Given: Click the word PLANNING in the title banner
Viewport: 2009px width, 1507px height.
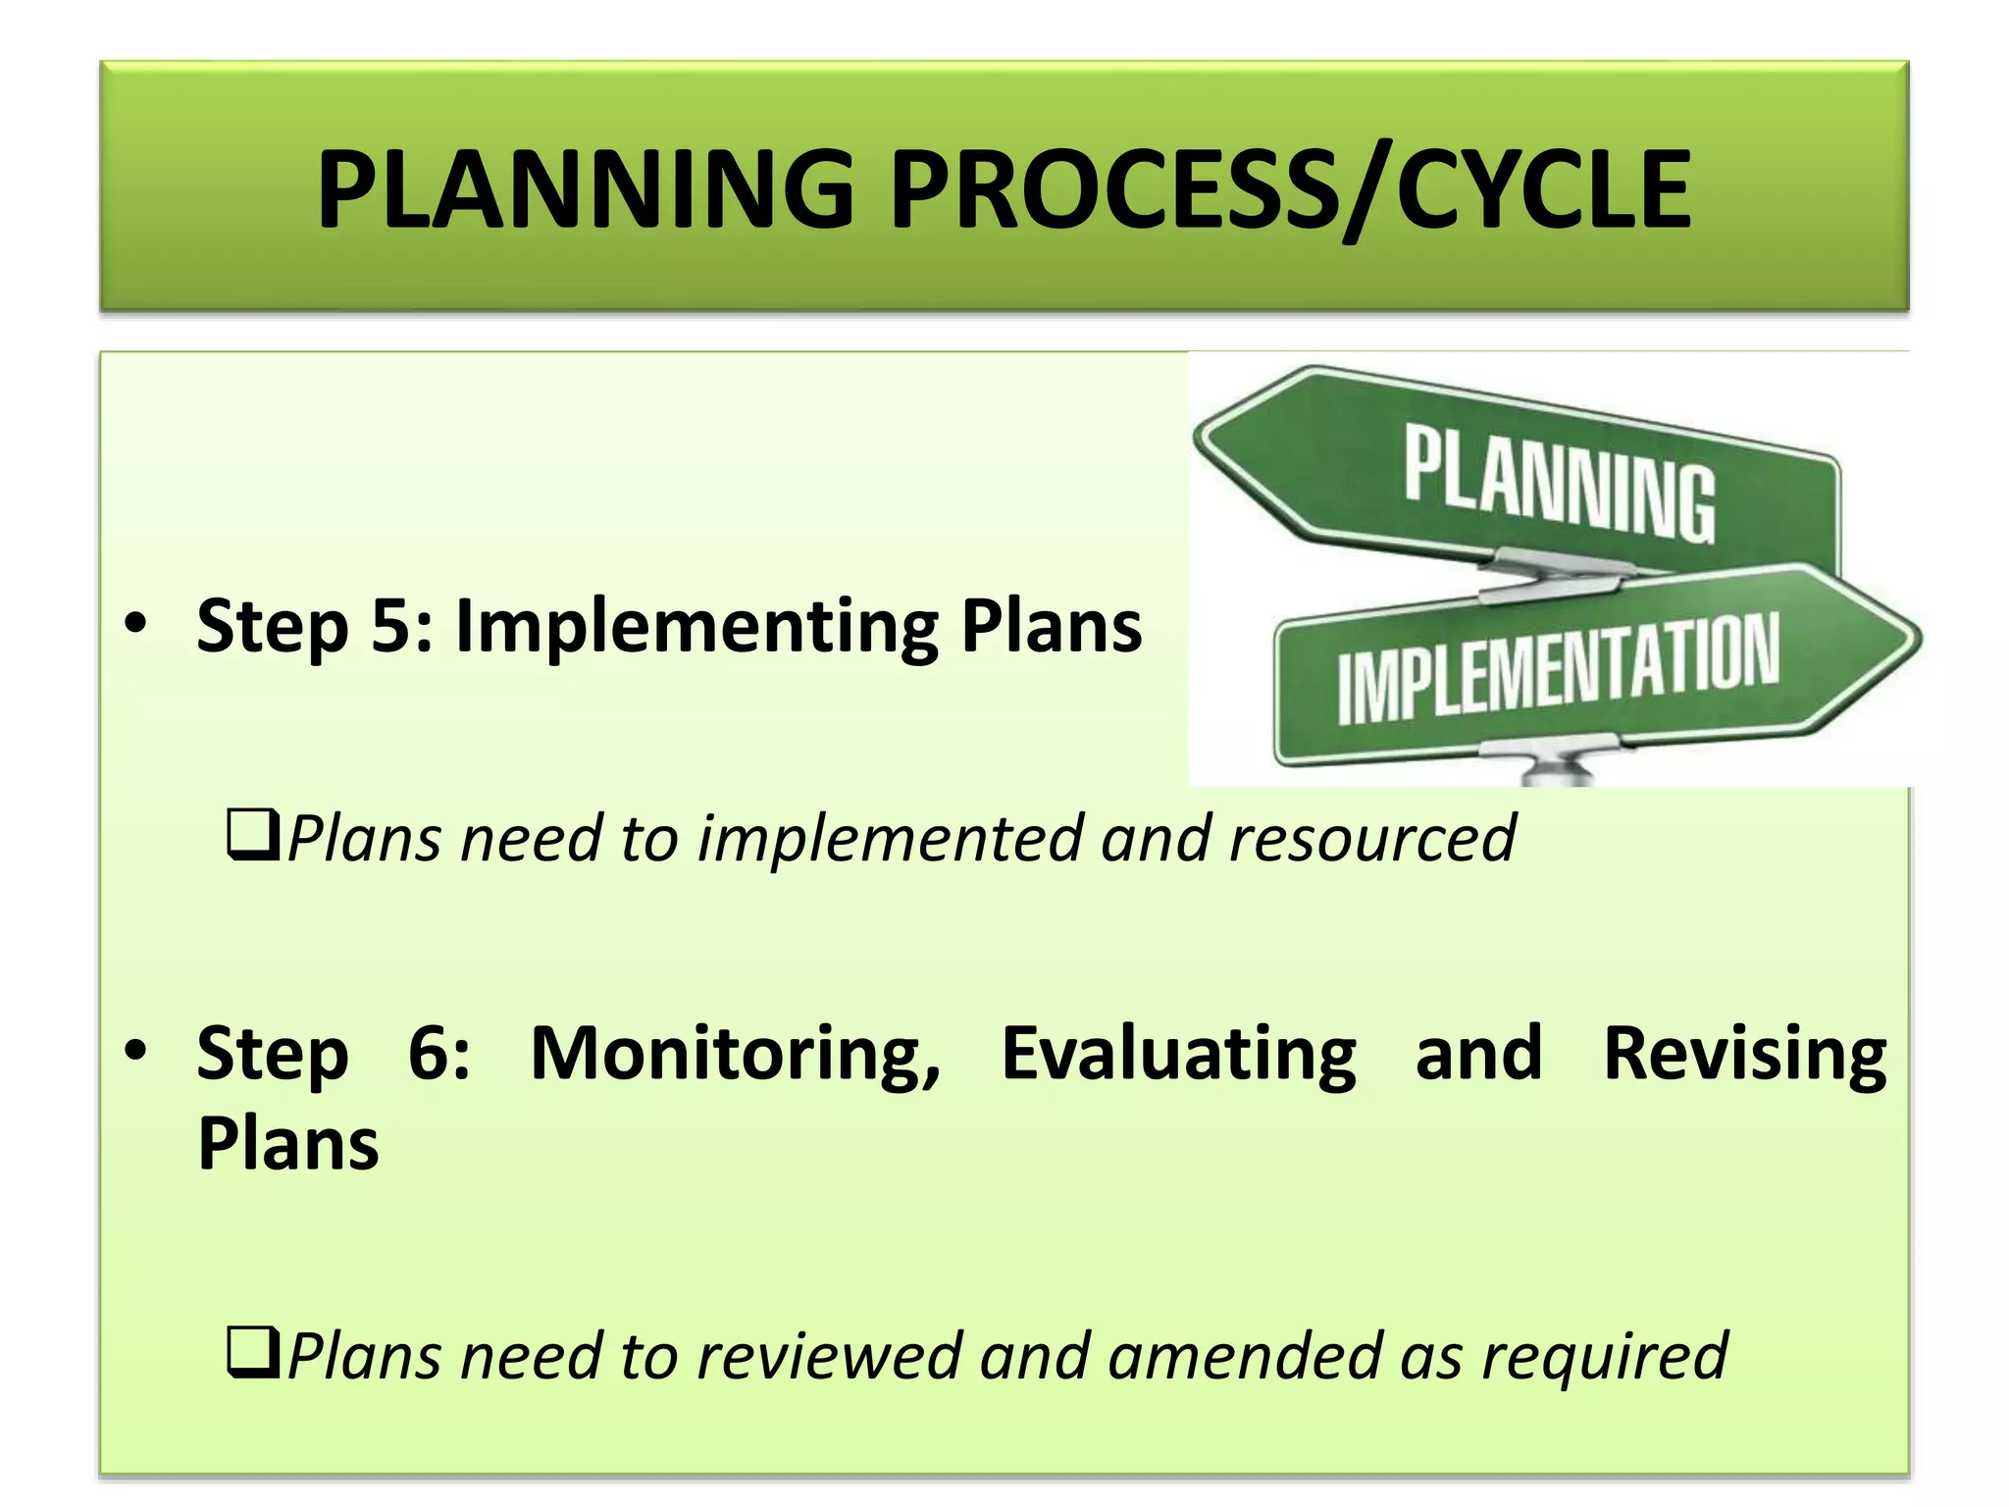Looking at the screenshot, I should pyautogui.click(x=586, y=189).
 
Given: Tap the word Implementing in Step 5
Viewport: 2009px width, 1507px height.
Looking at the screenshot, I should pyautogui.click(x=697, y=626).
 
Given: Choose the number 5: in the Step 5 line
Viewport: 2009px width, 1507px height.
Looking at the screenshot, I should pyautogui.click(x=402, y=626).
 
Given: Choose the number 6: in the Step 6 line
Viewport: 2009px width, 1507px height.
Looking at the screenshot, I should pyautogui.click(x=438, y=1053).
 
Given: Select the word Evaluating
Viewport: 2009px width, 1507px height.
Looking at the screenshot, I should pyautogui.click(x=1178, y=1053).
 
